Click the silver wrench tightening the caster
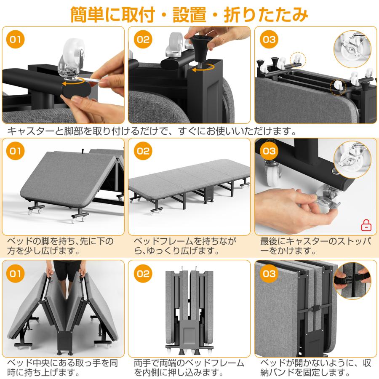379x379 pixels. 95,79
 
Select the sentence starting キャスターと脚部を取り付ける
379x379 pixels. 152,131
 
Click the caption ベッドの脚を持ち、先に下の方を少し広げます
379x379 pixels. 60,246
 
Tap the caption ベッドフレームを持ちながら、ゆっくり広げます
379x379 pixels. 185,246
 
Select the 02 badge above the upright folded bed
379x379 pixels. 143,274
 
